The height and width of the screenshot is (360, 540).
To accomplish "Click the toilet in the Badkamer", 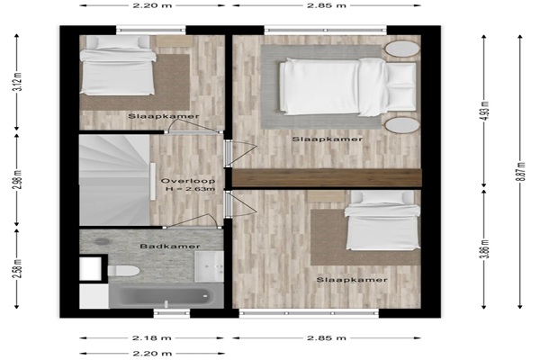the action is (x=123, y=271).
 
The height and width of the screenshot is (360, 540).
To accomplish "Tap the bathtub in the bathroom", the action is (x=166, y=295).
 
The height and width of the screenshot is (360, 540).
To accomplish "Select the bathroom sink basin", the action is (x=209, y=266).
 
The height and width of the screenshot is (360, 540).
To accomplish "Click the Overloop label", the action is (x=188, y=181).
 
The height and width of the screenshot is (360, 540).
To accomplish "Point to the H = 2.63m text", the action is (x=190, y=189).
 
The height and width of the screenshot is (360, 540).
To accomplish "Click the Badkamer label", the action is (x=170, y=247).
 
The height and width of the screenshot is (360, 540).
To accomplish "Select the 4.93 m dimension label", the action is (x=485, y=110).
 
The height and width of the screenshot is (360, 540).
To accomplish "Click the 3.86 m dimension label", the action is (x=485, y=248).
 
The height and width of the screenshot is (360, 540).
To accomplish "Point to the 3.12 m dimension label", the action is (x=19, y=82).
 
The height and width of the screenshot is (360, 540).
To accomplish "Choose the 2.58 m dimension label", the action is (x=19, y=269).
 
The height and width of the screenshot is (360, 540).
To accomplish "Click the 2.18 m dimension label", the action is (x=152, y=338).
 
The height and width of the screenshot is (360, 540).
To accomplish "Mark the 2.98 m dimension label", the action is (x=19, y=179).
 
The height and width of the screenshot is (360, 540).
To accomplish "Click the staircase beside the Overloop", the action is (x=114, y=180).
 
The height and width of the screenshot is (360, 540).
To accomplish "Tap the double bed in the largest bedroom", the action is (x=347, y=86).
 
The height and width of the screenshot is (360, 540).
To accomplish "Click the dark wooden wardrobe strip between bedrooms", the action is (x=327, y=178).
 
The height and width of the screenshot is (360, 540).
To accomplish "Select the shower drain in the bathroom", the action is (x=102, y=241).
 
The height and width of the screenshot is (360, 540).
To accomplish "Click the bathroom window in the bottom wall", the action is (x=172, y=313).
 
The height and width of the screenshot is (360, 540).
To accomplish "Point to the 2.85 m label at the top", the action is (x=327, y=5).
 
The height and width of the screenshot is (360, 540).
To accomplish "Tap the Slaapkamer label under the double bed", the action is (x=328, y=139).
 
